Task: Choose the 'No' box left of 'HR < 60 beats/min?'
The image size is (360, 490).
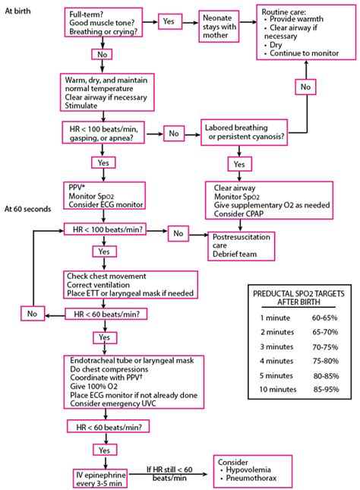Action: [31, 313]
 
